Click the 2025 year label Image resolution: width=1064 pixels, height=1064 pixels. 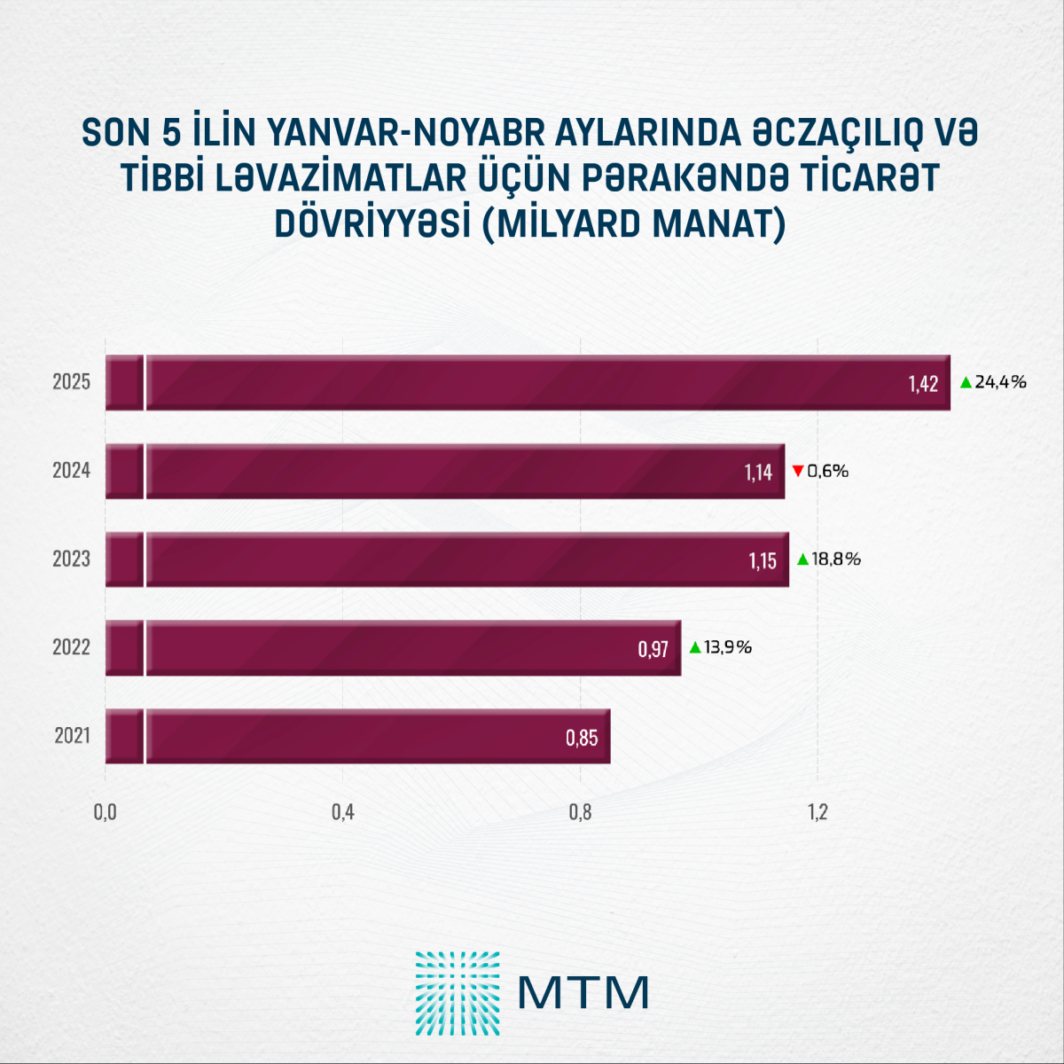(x=72, y=382)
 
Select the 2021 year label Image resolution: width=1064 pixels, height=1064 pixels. (x=72, y=736)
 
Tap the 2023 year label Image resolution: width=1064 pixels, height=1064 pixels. (x=72, y=559)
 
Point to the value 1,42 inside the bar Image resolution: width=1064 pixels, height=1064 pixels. (x=922, y=384)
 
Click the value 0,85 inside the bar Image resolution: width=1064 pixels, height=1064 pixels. (x=582, y=738)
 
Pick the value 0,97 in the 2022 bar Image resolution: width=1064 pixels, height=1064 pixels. (x=653, y=650)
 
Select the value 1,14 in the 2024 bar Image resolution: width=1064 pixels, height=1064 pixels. (x=758, y=473)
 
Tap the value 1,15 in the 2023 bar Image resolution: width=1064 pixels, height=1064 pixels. (x=763, y=561)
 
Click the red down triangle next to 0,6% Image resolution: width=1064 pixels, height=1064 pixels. (x=798, y=471)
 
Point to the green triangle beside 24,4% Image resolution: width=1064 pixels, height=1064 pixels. (x=966, y=382)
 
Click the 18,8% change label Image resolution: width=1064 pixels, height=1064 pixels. (x=836, y=559)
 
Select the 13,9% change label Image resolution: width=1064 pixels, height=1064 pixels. (x=728, y=647)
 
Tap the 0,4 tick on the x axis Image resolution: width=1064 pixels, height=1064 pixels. (x=343, y=812)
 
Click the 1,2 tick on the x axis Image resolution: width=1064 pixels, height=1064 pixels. (x=817, y=812)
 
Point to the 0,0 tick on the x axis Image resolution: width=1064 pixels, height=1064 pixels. (x=106, y=812)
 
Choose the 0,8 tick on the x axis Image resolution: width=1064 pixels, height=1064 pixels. (x=580, y=812)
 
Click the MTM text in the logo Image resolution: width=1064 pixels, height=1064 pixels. (x=583, y=993)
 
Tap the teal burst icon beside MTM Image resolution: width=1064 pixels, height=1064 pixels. (x=458, y=993)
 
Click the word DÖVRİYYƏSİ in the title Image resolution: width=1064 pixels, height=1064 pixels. (x=372, y=223)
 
